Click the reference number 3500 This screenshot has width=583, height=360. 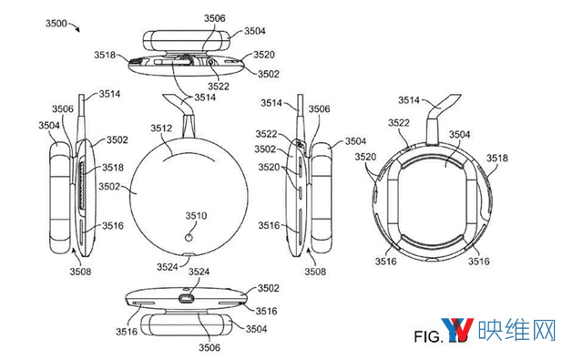(56, 24)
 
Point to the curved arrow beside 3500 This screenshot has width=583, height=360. (75, 26)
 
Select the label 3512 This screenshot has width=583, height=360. (161, 129)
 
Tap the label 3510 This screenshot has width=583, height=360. (197, 216)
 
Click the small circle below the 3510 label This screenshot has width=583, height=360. (189, 237)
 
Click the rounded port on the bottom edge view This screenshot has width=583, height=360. (187, 299)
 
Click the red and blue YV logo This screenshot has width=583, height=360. (457, 330)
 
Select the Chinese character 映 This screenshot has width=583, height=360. (490, 330)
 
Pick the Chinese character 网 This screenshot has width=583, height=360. (543, 330)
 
